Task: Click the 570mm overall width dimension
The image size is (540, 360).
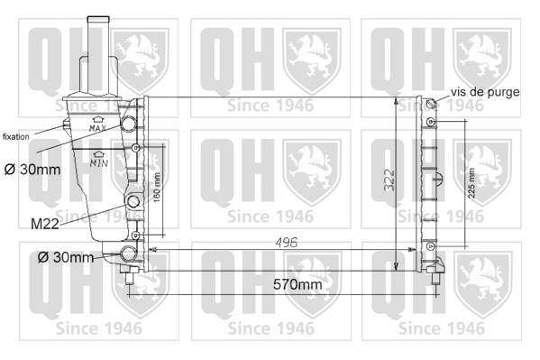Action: point(297,284)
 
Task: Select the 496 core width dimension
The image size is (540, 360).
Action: point(286,243)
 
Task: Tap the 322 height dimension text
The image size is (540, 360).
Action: point(389,180)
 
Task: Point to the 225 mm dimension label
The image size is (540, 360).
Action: point(471,183)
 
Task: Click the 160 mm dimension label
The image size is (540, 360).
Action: point(156,188)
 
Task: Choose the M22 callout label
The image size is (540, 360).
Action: point(45,225)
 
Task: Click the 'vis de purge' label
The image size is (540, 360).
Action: point(485,92)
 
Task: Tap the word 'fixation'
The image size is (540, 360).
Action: point(16,137)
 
